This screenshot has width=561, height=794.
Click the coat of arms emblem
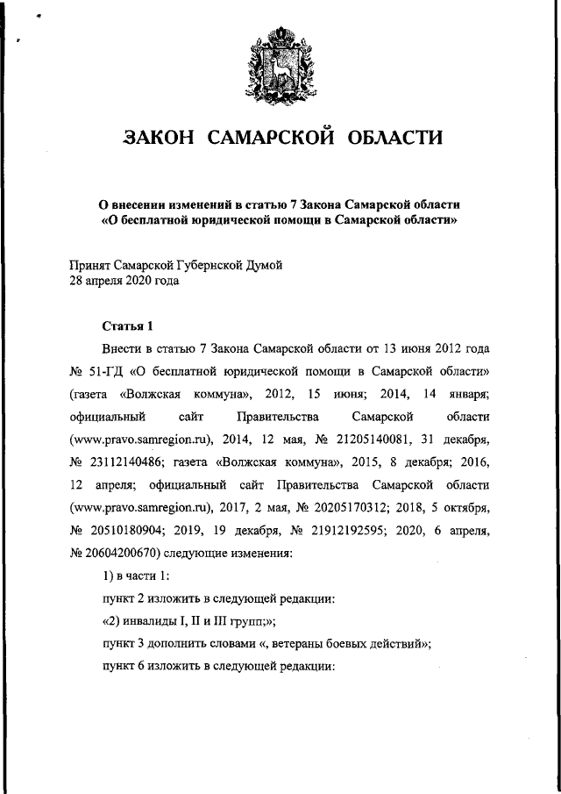coord(280,61)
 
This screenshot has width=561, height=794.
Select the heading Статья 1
coord(128,326)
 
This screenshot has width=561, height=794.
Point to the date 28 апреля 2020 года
coord(124,282)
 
